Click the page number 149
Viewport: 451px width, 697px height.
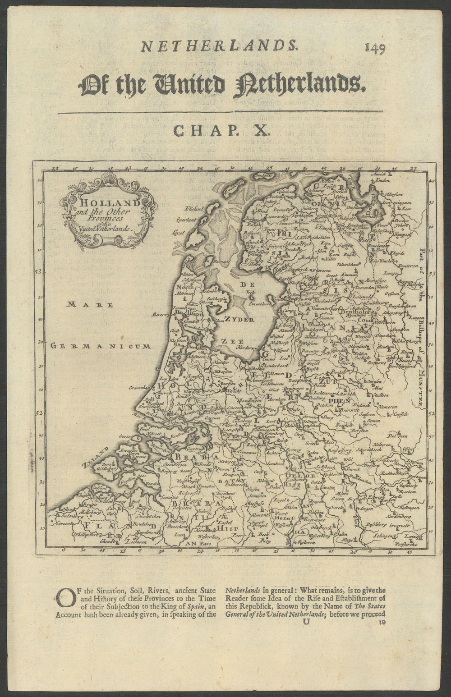coord(375,48)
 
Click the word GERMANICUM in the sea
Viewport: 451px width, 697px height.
coord(100,346)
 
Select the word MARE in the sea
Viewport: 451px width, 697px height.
coord(90,305)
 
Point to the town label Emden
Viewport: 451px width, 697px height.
coord(382,181)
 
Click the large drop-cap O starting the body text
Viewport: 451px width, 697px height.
coord(66,600)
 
